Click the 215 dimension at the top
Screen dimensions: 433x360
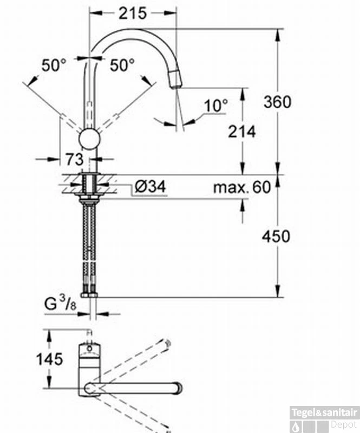[x=133, y=13]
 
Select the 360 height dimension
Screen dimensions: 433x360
[x=277, y=101]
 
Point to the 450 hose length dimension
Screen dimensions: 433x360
[x=276, y=236]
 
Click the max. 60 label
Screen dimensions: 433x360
[x=241, y=188]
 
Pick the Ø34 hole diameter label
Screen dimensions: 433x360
[x=149, y=187]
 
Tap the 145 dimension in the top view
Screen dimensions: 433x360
[x=49, y=358]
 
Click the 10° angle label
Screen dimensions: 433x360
[x=217, y=106]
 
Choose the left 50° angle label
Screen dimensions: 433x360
[x=54, y=65]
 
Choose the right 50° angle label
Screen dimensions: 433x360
[x=122, y=65]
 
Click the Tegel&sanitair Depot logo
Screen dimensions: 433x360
[x=324, y=418]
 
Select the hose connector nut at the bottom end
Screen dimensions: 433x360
[x=88, y=295]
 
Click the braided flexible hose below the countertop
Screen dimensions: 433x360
[x=88, y=244]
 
